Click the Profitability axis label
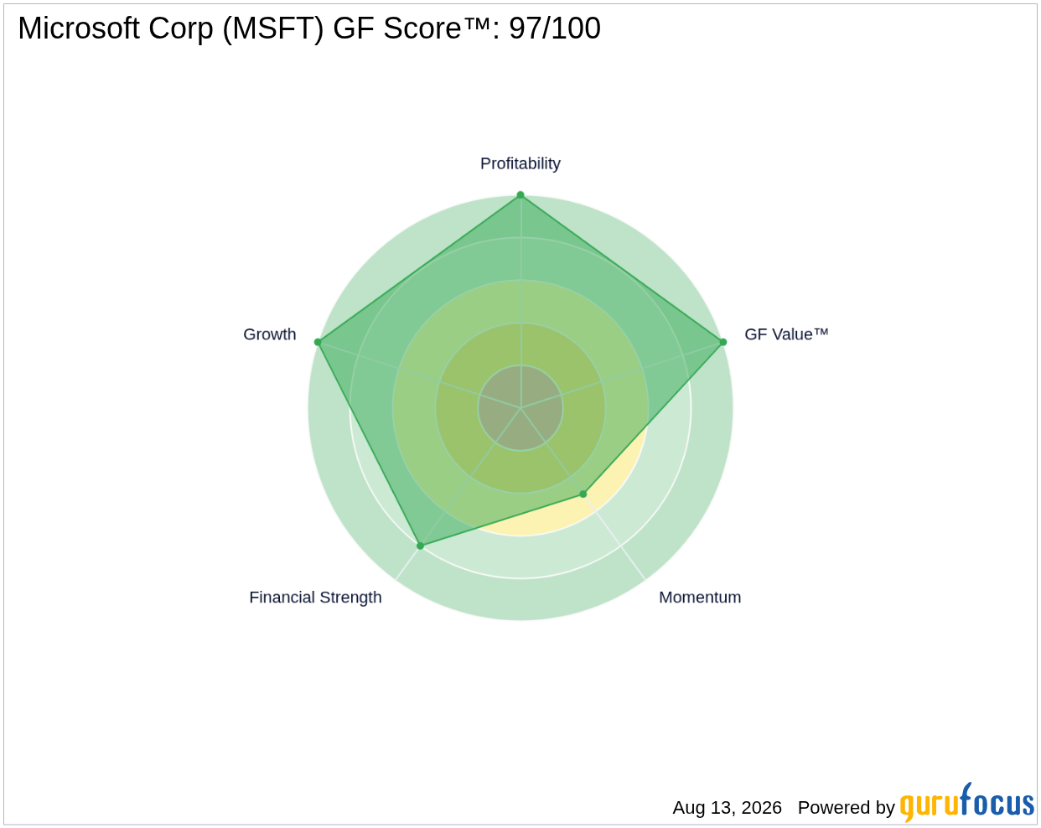520,163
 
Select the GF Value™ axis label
786,334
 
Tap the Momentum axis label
700,598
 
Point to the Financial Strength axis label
315,598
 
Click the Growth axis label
269,334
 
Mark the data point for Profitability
520,195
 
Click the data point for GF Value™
723,342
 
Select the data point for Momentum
583,494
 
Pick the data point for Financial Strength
421,546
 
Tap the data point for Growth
318,342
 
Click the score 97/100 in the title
555,28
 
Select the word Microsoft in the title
79,28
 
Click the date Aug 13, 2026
727,808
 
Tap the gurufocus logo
966,802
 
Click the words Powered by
846,808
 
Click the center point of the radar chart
520,408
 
